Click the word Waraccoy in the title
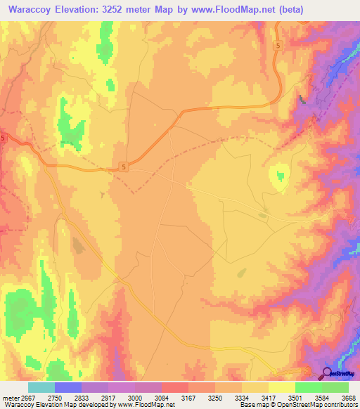(30, 10)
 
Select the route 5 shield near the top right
(278, 46)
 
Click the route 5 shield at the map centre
(124, 167)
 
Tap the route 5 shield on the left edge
(3, 138)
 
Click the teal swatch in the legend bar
(41, 387)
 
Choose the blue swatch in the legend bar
(68, 387)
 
